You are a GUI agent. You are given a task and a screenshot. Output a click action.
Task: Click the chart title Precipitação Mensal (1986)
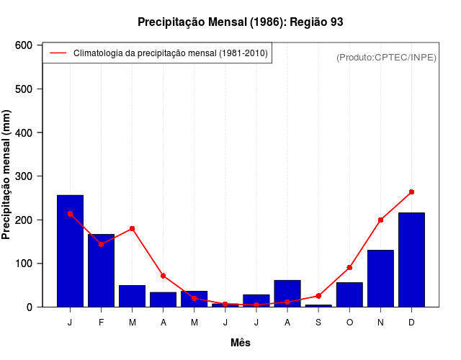pyautogui.click(x=240, y=22)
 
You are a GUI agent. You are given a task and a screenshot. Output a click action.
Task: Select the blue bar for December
pyautogui.click(x=411, y=259)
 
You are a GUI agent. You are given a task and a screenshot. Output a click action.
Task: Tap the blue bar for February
pyautogui.click(x=101, y=270)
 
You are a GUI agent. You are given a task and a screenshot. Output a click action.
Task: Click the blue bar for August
pyautogui.click(x=287, y=293)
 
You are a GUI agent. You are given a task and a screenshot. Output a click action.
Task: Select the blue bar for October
pyautogui.click(x=349, y=294)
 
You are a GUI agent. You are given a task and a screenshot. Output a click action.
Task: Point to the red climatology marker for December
pyautogui.click(x=411, y=192)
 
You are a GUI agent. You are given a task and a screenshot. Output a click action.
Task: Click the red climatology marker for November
pyautogui.click(x=380, y=220)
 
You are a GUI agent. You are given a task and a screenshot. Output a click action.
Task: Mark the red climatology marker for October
pyautogui.click(x=349, y=267)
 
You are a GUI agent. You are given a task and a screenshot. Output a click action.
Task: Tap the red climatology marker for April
pyautogui.click(x=164, y=276)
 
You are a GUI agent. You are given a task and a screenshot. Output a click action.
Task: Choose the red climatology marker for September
pyautogui.click(x=318, y=296)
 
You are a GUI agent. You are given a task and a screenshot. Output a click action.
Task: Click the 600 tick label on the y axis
pyautogui.click(x=24, y=45)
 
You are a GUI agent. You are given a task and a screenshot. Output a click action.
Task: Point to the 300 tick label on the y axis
pyautogui.click(x=24, y=176)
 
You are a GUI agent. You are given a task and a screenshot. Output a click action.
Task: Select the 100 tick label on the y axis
pyautogui.click(x=24, y=264)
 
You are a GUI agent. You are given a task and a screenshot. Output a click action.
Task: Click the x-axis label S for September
pyautogui.click(x=318, y=323)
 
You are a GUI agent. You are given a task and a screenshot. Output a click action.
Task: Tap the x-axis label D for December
pyautogui.click(x=411, y=323)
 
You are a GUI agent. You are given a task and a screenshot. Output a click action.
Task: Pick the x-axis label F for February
pyautogui.click(x=101, y=323)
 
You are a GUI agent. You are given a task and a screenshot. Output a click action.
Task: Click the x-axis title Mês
pyautogui.click(x=241, y=343)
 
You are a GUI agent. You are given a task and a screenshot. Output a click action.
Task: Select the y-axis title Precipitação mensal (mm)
pyautogui.click(x=7, y=175)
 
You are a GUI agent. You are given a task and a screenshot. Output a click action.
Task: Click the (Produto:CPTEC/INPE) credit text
pyautogui.click(x=386, y=57)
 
